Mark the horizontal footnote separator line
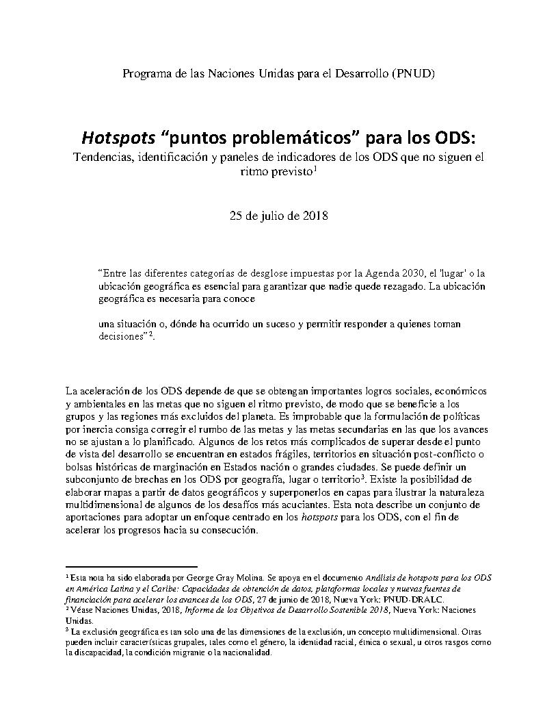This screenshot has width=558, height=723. click(x=131, y=566)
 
